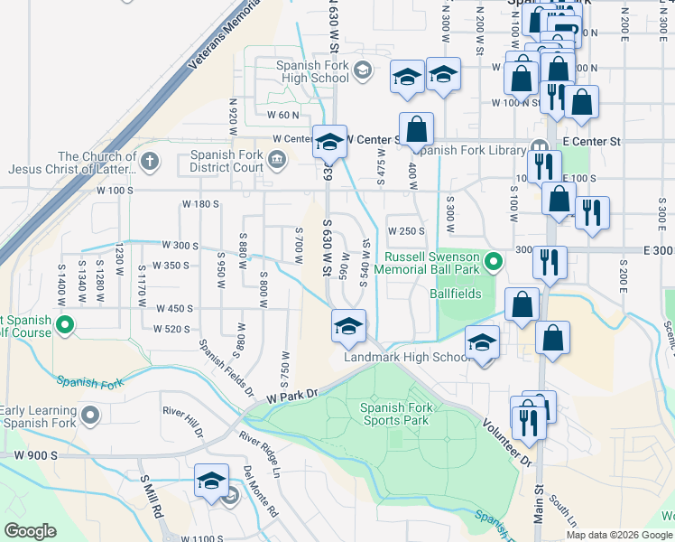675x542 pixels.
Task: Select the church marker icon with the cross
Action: (x=150, y=162)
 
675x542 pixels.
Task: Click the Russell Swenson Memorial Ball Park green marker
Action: (x=493, y=263)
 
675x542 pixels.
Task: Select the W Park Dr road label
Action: (x=293, y=396)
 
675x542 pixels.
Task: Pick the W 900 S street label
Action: (x=26, y=454)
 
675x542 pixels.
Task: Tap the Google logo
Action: (x=30, y=531)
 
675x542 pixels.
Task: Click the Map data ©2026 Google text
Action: (x=619, y=534)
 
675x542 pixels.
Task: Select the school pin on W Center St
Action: (x=330, y=141)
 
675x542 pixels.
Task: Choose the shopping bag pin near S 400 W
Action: (x=416, y=129)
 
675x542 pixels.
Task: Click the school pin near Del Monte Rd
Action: (x=211, y=480)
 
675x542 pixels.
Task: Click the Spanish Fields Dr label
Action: (x=227, y=367)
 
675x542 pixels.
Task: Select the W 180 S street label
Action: (x=200, y=204)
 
